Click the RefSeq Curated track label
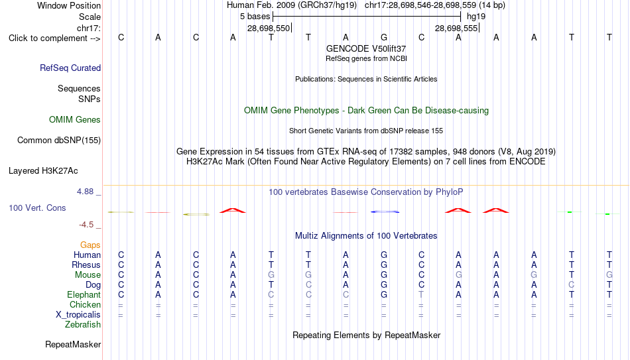[70, 68]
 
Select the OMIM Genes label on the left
[75, 120]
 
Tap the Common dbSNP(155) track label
[59, 141]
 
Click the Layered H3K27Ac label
[43, 171]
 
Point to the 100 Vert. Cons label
[37, 208]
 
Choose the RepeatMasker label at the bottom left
[73, 344]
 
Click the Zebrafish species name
[83, 324]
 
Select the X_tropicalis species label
[78, 315]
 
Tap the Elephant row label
[84, 294]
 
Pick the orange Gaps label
[90, 245]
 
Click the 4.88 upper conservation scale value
[85, 192]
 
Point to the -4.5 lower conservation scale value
[86, 225]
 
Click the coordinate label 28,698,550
[269, 28]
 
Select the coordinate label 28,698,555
[456, 28]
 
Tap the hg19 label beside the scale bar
[476, 17]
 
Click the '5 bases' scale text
[255, 17]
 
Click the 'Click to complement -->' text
[54, 38]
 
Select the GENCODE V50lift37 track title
[366, 48]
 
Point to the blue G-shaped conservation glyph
[385, 211]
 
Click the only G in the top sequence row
[384, 37]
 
